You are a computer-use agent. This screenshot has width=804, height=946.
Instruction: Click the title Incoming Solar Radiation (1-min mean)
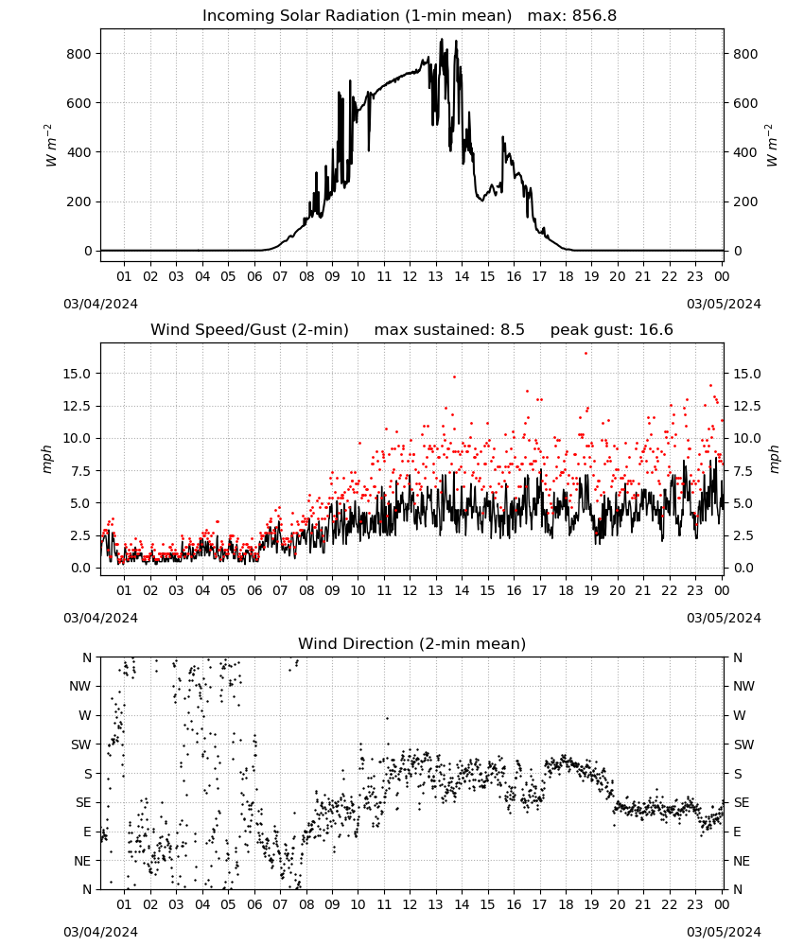tap(357, 16)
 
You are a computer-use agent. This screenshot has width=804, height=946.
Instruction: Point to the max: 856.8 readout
tap(572, 16)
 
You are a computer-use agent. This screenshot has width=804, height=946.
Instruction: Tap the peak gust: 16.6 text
tap(612, 330)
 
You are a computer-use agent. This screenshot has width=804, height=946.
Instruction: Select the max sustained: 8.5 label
tap(449, 330)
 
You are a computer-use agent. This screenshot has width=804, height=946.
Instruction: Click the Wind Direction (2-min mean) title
tap(412, 643)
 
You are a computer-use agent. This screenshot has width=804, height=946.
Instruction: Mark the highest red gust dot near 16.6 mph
tap(586, 354)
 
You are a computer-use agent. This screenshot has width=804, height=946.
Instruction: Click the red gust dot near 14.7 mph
tap(454, 377)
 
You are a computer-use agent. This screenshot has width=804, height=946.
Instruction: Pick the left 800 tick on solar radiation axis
tap(79, 54)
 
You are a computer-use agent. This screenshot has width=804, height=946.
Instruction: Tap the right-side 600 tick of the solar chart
tap(745, 103)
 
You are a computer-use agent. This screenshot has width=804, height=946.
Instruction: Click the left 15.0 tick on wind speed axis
tap(77, 374)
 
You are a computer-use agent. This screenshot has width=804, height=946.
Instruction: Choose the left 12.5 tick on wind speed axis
tap(77, 406)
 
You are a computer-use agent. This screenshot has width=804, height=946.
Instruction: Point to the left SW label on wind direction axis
tap(81, 745)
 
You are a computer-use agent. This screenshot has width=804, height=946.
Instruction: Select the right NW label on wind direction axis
tap(743, 686)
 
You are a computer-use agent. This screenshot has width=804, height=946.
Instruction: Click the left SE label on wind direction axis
tap(83, 802)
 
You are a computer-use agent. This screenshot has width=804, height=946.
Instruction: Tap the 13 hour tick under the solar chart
tap(435, 276)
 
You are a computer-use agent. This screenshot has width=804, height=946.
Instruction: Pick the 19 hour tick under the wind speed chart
tap(591, 590)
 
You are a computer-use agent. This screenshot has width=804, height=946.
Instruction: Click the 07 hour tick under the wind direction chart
tap(280, 905)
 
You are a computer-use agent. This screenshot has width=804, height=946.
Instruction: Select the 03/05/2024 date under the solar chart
tap(724, 304)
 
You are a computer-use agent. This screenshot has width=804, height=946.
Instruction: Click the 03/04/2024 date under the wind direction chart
tap(100, 932)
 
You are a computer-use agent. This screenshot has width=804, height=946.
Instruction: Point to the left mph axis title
tap(47, 459)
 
